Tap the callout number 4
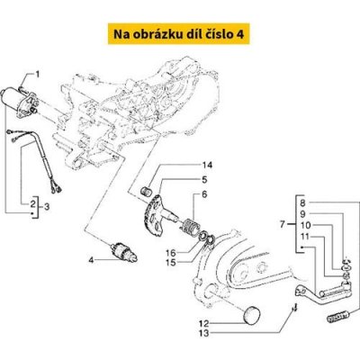click(x=89, y=262)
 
